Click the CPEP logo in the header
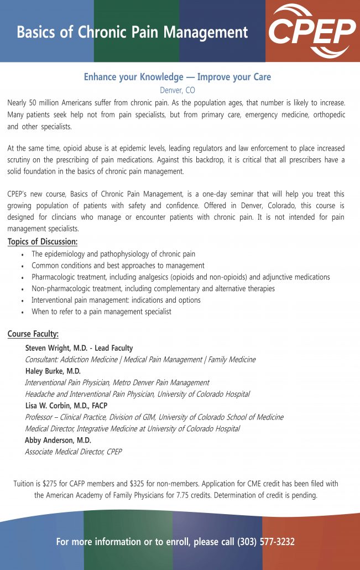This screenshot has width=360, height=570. pos(312,30)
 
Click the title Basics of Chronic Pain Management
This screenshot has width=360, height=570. pos(132,32)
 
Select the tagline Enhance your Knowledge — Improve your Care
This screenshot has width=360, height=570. pos(178,77)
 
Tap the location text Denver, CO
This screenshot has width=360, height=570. pos(178,90)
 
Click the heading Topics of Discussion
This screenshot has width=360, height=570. pos(43,242)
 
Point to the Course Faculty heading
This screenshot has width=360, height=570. pos(33,334)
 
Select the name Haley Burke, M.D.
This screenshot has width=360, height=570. pos(53,371)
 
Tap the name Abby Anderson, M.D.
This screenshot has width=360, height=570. pos(58,440)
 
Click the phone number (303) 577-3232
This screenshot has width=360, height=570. pos(266,542)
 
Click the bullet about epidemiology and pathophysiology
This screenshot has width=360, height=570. pos(113,254)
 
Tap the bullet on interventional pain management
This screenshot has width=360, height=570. pos(116,300)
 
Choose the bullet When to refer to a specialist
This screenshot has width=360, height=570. pos(101,312)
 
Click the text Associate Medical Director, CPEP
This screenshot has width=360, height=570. pos(73,452)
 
